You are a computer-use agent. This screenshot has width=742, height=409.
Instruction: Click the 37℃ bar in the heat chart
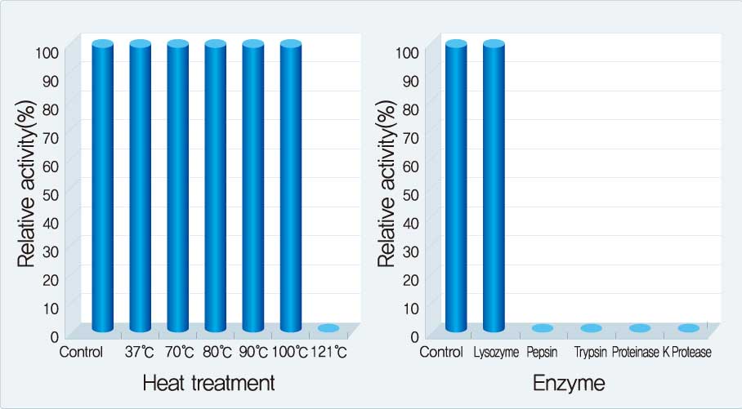[x=140, y=188]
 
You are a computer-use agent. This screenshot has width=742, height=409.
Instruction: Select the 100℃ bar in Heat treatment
[x=291, y=188]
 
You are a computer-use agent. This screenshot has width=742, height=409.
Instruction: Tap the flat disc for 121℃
[x=329, y=328]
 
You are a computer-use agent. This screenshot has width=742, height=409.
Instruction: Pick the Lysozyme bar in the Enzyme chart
[x=494, y=188]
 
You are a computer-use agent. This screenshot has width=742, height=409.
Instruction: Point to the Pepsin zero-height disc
[x=543, y=328]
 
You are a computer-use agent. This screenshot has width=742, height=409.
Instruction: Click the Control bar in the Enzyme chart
[x=456, y=188]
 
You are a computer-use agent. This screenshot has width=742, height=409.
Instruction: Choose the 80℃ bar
[x=215, y=188]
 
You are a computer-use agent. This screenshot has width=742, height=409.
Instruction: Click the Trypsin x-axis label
[x=591, y=353]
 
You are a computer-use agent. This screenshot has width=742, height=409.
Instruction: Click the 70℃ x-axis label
[x=178, y=353]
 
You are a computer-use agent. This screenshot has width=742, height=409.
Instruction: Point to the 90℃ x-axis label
[x=253, y=353]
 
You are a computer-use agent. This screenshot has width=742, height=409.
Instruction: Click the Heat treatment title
[x=208, y=383]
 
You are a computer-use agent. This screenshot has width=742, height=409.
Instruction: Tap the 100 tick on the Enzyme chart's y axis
[x=409, y=51]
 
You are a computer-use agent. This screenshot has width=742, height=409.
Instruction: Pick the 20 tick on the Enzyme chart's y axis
[x=412, y=279]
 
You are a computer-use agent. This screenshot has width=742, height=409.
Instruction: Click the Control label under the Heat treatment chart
[x=81, y=353]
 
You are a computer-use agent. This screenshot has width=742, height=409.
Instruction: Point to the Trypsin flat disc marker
[x=592, y=328]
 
